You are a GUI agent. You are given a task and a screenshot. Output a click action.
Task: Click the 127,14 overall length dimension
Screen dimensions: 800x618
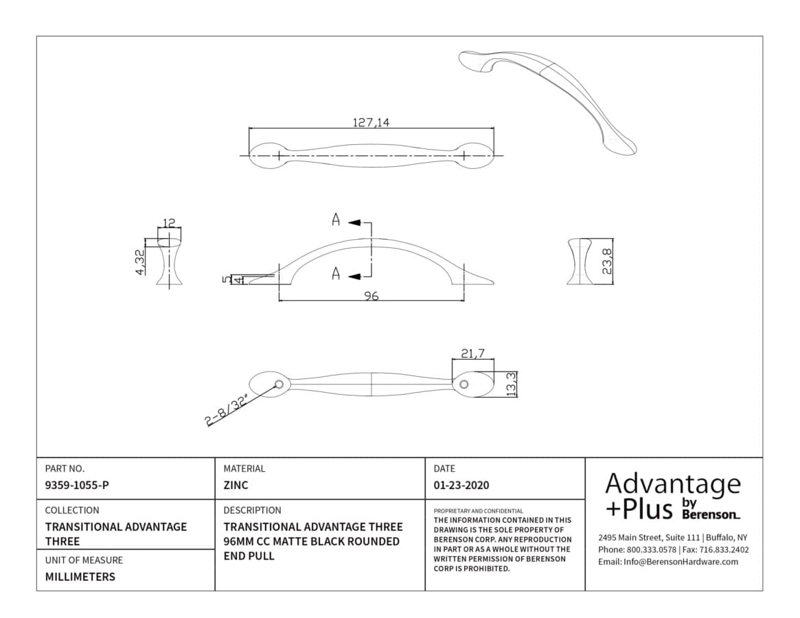[x=371, y=122]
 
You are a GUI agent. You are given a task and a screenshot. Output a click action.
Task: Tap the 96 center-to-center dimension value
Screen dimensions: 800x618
[x=372, y=296]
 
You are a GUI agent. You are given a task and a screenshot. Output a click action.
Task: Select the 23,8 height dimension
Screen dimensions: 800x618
[x=606, y=262]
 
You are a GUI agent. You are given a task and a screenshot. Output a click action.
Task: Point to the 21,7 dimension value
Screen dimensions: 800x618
[x=473, y=353]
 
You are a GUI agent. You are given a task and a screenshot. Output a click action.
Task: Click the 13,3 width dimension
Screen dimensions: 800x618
[x=511, y=384]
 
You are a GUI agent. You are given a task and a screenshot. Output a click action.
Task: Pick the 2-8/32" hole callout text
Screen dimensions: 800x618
[x=227, y=409]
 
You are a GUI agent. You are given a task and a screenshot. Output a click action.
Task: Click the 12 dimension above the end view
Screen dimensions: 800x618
[x=169, y=223]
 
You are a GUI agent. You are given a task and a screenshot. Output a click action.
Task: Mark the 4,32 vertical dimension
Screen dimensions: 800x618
[x=140, y=262]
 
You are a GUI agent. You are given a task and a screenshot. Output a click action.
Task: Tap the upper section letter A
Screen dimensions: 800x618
[x=336, y=220]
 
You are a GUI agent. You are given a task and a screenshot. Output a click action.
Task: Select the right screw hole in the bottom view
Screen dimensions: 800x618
[x=464, y=385]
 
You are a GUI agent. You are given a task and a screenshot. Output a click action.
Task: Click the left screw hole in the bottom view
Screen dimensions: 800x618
[x=279, y=385]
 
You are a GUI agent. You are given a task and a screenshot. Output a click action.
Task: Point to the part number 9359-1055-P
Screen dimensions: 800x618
[x=77, y=485]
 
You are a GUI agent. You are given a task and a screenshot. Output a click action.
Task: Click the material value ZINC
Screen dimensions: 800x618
[x=236, y=485]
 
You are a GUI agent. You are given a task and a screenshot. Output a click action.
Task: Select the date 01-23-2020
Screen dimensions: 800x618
[x=461, y=485]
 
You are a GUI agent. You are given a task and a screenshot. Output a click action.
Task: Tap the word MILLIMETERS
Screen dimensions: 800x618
[x=80, y=577]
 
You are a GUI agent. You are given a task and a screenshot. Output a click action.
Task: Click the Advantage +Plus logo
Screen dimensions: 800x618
[x=673, y=496]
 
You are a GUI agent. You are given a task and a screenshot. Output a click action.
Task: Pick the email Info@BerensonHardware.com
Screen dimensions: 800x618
[x=668, y=562]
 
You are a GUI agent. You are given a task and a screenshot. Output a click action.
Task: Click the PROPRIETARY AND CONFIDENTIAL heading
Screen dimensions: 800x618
[x=478, y=511]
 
